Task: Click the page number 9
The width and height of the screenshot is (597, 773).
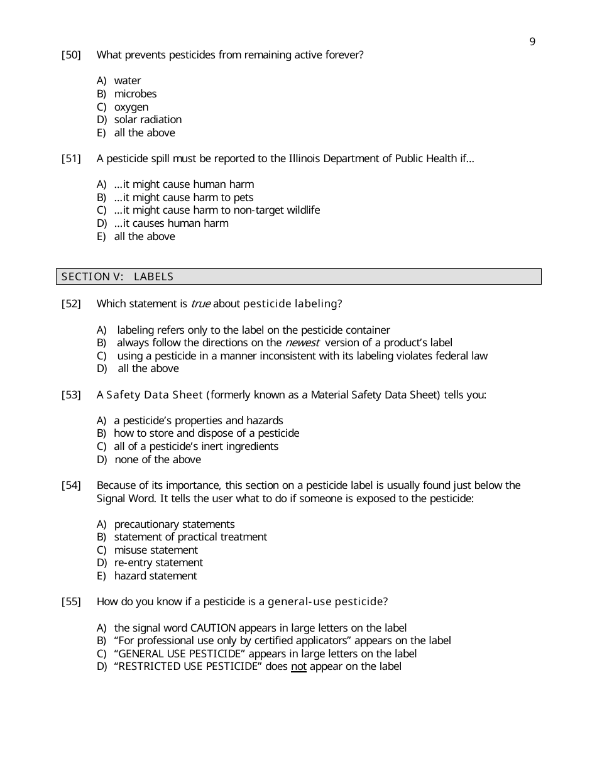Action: point(532,42)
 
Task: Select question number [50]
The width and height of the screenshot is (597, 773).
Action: point(71,55)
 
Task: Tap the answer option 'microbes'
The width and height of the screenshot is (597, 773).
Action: point(135,94)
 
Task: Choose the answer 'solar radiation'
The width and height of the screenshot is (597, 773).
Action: point(148,120)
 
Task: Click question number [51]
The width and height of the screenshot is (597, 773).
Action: point(71,159)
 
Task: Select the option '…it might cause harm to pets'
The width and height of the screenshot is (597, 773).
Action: point(183,198)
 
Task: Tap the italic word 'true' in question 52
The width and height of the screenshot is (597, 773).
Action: point(200,304)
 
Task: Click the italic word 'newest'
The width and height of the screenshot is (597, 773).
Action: point(302,343)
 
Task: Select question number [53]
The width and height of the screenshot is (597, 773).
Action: point(71,395)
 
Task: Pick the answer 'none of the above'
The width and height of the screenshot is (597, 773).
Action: point(158,460)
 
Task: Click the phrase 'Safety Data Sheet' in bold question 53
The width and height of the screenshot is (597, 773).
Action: point(155,395)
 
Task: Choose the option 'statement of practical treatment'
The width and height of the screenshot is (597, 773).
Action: point(190,537)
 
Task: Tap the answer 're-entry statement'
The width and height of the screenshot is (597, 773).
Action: point(158,563)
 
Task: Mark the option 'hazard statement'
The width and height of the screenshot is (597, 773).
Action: point(155,576)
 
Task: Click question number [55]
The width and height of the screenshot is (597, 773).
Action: point(71,602)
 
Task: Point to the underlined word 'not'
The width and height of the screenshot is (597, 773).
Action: point(298,667)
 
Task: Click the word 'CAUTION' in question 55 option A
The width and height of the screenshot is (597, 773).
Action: point(213,628)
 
